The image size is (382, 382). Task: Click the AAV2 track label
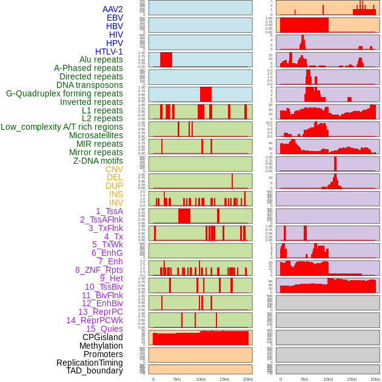(112, 9)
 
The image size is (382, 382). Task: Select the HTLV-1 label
(109, 52)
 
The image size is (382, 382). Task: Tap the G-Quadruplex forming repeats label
(64, 93)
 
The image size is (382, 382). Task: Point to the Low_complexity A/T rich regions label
(62, 127)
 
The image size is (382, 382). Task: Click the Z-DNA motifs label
(98, 161)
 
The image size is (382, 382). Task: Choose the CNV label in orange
(114, 169)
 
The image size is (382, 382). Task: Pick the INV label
(116, 203)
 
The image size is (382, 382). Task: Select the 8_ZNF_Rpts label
(99, 270)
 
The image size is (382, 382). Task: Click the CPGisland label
(102, 337)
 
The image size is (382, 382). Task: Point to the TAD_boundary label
(95, 370)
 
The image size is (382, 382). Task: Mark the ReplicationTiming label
(90, 363)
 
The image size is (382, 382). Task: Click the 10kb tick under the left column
(200, 379)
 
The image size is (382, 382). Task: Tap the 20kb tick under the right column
(375, 379)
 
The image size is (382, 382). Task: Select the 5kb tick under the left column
(177, 379)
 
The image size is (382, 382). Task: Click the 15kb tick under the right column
(352, 379)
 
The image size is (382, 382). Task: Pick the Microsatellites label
(96, 135)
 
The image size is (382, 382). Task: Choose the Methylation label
(101, 346)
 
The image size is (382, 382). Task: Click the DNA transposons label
(90, 85)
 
